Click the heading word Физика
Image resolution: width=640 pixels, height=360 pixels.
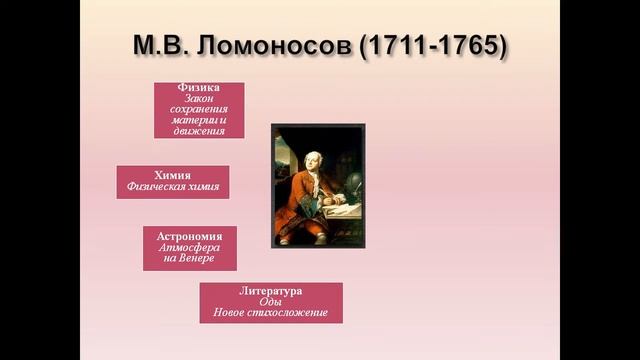click(199, 88)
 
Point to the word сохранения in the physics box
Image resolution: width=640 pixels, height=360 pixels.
click(199, 109)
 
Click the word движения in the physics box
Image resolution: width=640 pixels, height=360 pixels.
click(199, 131)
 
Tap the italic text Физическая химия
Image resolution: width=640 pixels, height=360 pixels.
click(172, 186)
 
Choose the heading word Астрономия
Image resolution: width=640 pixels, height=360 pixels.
click(189, 235)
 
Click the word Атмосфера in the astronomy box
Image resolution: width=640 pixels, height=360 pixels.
click(189, 247)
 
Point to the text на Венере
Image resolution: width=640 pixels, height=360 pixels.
click(189, 259)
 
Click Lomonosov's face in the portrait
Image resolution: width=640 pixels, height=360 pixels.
click(307, 155)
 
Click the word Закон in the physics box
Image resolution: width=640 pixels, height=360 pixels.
click(199, 98)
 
